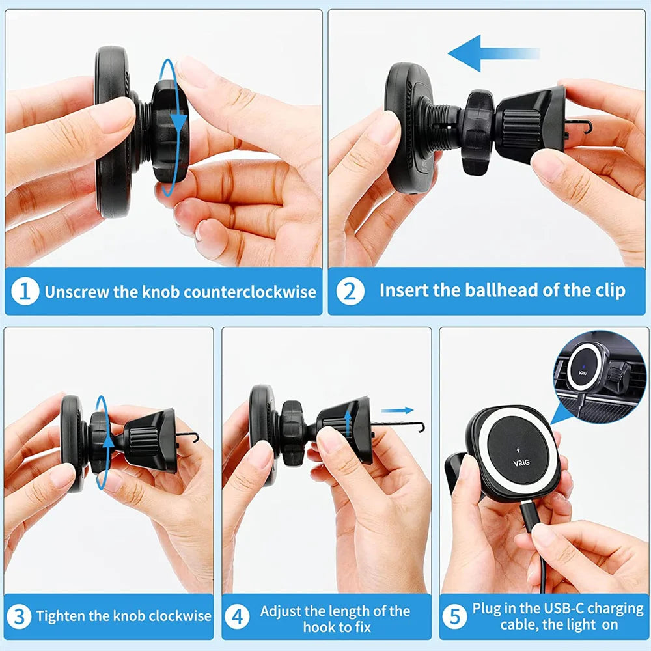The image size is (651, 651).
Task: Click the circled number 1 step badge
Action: [25, 291]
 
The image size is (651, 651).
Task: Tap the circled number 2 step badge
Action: [350, 291]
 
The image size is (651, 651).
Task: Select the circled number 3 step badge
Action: [19, 616]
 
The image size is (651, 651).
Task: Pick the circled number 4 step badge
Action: [237, 616]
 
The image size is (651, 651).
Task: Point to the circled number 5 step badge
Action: [454, 616]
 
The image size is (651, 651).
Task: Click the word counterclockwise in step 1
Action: [249, 292]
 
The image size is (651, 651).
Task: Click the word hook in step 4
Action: [319, 627]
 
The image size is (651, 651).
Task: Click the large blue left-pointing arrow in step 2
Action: [493, 53]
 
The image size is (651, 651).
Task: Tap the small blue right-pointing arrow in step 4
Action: [397, 411]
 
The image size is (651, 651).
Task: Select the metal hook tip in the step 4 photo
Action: [421, 427]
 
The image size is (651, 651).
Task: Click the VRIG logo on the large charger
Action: [521, 462]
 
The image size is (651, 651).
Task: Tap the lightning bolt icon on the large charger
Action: [518, 450]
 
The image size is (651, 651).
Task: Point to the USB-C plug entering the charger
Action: [530, 516]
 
